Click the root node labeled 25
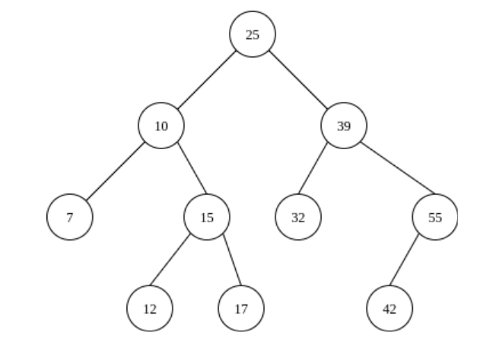[x=253, y=34]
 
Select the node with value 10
[x=161, y=126]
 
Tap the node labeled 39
[x=344, y=126]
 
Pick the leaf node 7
[x=70, y=217]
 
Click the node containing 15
[x=207, y=217]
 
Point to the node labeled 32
[x=298, y=217]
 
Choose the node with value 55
[x=435, y=217]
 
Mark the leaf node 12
[x=150, y=308]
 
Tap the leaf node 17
[x=241, y=308]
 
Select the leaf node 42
[x=389, y=308]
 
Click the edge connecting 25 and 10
[x=207, y=80]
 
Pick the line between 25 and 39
[x=298, y=80]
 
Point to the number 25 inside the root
[x=253, y=34]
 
